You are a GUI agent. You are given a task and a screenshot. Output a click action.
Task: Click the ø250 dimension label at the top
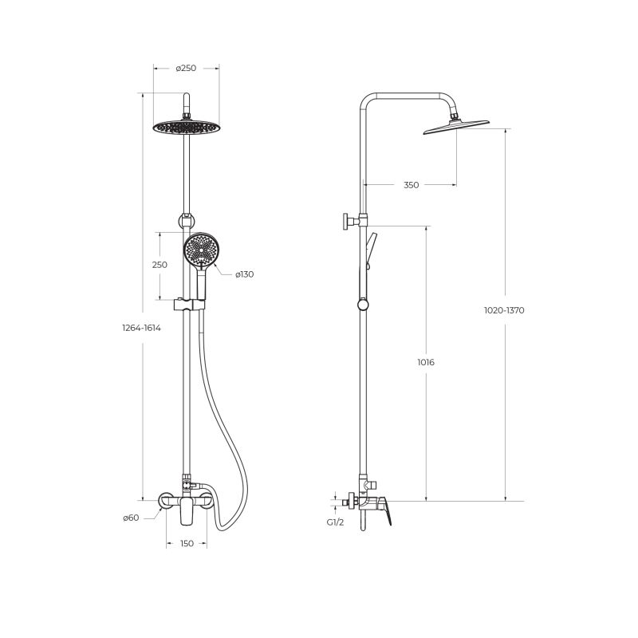[x=186, y=69]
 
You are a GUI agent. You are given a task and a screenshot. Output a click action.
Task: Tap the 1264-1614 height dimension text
[x=142, y=328]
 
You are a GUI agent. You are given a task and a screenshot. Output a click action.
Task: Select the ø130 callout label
[x=245, y=274]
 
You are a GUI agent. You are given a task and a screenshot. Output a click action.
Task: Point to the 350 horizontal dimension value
[x=411, y=185]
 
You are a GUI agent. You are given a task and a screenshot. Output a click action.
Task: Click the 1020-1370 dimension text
[x=504, y=310]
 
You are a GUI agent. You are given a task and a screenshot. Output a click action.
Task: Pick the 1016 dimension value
[x=426, y=362]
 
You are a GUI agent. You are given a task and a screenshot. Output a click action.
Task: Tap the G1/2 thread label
[x=335, y=522]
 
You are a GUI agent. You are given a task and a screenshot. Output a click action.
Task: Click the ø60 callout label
[x=131, y=518]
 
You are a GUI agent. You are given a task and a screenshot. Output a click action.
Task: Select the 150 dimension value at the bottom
[x=187, y=544]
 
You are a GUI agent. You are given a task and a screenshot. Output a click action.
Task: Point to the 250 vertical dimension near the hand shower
[x=159, y=265]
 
